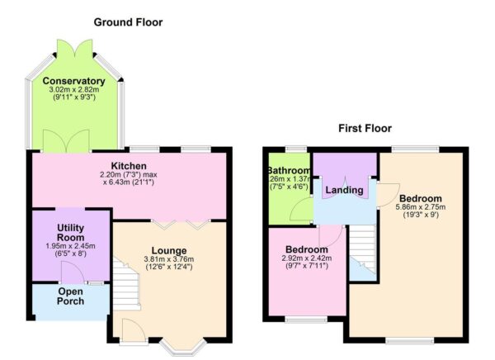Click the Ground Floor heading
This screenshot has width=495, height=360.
point(128,22)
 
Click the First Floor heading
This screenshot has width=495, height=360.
point(365,128)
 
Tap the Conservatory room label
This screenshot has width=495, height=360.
point(75,81)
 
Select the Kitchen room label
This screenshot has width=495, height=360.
point(129,165)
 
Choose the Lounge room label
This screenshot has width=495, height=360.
point(168,250)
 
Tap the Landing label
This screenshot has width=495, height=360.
point(344,191)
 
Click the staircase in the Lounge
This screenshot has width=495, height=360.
point(126,286)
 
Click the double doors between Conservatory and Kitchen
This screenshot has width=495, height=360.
point(75,142)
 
